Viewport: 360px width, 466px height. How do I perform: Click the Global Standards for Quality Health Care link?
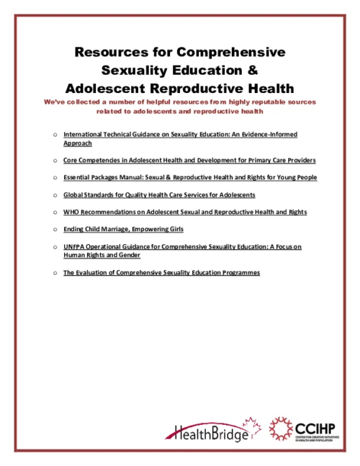159,195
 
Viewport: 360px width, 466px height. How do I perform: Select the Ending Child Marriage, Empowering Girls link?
123,230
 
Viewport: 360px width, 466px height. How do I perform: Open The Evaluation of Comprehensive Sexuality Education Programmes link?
161,273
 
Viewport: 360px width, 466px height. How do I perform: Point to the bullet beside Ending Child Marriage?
55,230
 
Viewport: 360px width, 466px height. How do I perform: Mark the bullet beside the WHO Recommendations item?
55,212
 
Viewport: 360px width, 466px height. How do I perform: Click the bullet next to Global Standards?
55,195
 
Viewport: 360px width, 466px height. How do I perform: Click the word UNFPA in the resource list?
75,247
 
